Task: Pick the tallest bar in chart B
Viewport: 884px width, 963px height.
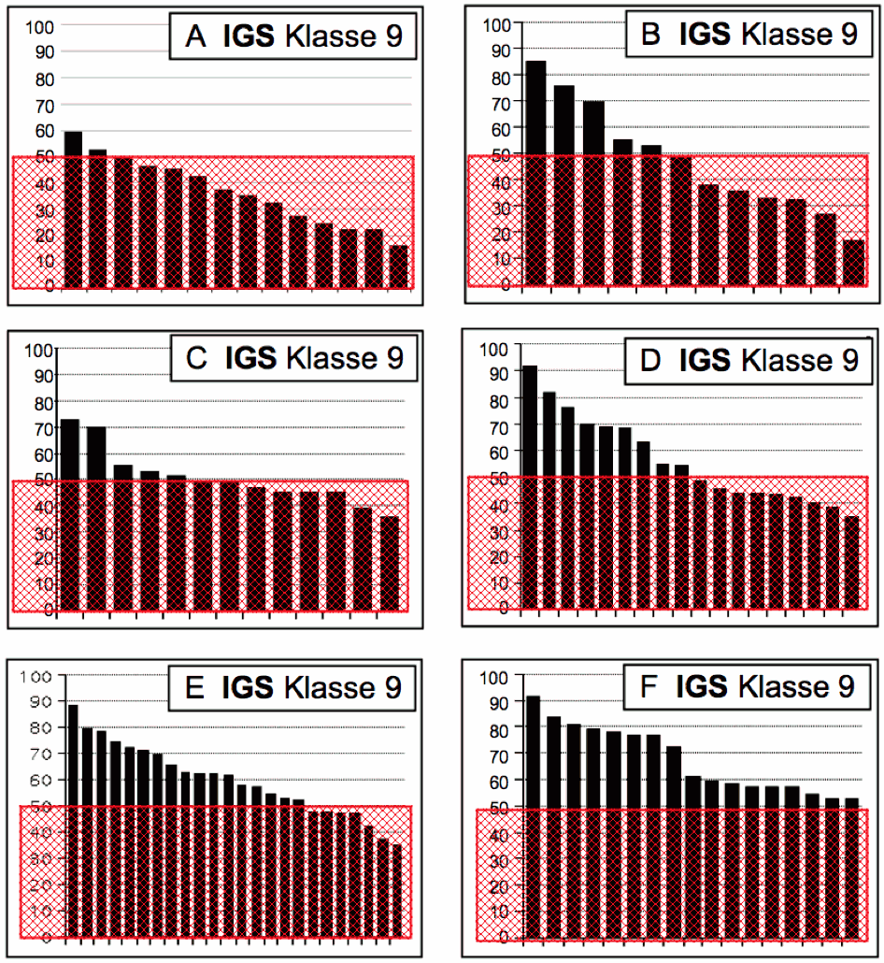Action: click(x=535, y=173)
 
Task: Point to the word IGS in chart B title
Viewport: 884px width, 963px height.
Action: click(x=706, y=35)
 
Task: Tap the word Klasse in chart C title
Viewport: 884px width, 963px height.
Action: click(x=332, y=360)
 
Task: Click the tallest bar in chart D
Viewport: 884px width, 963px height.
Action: click(x=529, y=486)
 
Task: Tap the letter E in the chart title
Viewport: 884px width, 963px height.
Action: click(x=197, y=688)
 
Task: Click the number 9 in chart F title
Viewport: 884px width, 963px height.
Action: click(x=844, y=687)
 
